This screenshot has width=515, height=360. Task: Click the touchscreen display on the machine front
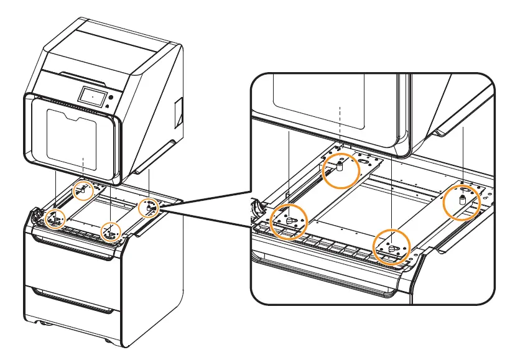[91, 96]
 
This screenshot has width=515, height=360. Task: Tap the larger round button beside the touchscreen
[111, 98]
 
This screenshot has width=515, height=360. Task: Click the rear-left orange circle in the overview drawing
[81, 192]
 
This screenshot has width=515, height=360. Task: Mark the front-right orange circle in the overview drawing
[110, 231]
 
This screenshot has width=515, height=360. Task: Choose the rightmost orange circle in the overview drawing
[148, 208]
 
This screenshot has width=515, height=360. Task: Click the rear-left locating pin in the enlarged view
[340, 166]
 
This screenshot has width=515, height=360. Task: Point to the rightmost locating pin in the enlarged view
[462, 200]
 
